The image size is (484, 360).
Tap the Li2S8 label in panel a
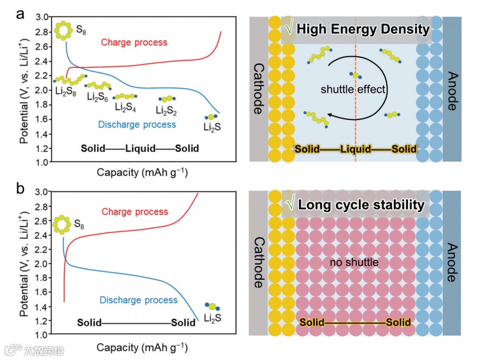65,91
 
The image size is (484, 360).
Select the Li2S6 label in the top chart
97,97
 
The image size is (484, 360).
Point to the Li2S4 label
126,107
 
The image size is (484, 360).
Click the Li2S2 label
167,109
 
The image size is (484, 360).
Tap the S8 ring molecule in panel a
62,30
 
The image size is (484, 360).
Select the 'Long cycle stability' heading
361,205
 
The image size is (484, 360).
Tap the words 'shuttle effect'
353,90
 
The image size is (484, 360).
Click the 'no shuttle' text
354,262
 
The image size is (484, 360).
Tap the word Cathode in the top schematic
259,88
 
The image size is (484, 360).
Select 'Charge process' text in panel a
134,42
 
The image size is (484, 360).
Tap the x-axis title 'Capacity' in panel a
113,173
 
